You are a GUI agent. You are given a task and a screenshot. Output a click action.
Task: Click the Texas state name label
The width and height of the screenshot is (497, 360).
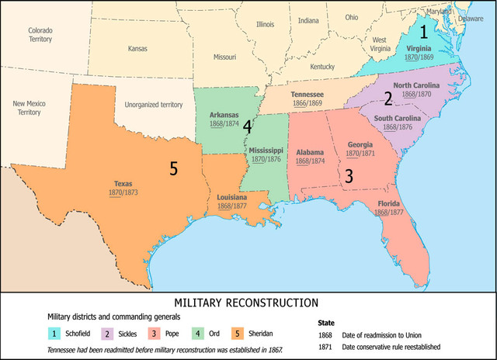(x=123, y=184)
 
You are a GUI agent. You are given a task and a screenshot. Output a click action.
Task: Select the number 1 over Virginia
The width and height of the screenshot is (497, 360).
(x=423, y=32)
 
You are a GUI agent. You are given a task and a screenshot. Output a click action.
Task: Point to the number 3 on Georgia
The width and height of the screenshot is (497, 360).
(x=349, y=176)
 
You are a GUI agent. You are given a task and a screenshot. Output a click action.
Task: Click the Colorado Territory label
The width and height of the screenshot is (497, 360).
(x=40, y=35)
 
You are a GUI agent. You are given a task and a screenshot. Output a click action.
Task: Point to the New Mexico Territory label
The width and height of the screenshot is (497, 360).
(x=31, y=107)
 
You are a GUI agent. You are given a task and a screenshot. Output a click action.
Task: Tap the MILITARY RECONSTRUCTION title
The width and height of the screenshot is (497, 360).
(x=248, y=301)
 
